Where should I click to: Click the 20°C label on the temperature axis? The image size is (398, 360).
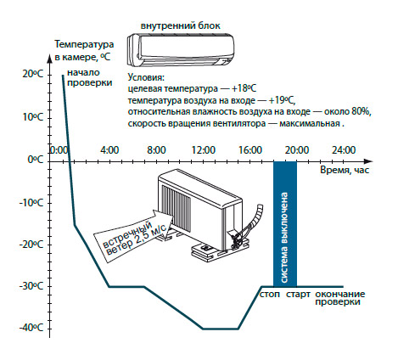pyautogui.click(x=33, y=74)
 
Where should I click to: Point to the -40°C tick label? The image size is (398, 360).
pyautogui.click(x=31, y=328)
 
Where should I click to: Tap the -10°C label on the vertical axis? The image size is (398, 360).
pyautogui.click(x=31, y=203)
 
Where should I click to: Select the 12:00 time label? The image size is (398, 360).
pyautogui.click(x=204, y=149)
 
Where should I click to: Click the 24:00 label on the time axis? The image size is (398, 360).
pyautogui.click(x=344, y=149)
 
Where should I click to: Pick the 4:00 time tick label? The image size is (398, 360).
pyautogui.click(x=109, y=149)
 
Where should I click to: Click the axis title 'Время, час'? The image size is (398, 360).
pyautogui.click(x=345, y=171)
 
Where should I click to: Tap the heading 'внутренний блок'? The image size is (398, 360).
pyautogui.click(x=180, y=25)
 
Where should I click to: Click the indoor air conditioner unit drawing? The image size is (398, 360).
pyautogui.click(x=181, y=51)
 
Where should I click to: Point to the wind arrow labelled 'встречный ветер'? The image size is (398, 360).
pyautogui.click(x=133, y=236)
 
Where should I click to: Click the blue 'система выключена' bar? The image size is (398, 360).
pyautogui.click(x=285, y=223)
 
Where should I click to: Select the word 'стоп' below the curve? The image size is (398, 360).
pyautogui.click(x=270, y=295)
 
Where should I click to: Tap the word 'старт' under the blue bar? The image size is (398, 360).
pyautogui.click(x=298, y=295)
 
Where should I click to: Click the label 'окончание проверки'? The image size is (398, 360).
pyautogui.click(x=339, y=298)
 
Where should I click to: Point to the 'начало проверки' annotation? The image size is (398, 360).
pyautogui.click(x=90, y=77)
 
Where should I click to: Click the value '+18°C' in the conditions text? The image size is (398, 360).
pyautogui.click(x=244, y=88)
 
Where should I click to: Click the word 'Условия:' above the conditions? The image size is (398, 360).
pyautogui.click(x=146, y=77)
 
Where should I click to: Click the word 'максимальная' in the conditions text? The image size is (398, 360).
pyautogui.click(x=310, y=124)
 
